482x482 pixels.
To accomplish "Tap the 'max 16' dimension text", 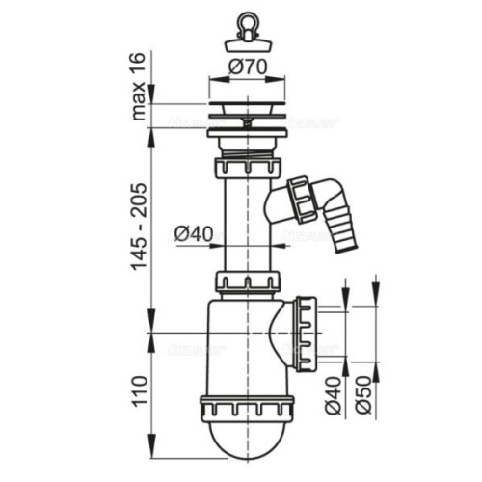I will (141, 83).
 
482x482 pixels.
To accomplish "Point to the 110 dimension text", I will (141, 394).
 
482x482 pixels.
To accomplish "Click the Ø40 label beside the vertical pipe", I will (192, 232).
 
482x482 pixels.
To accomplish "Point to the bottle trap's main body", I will (236, 347).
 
